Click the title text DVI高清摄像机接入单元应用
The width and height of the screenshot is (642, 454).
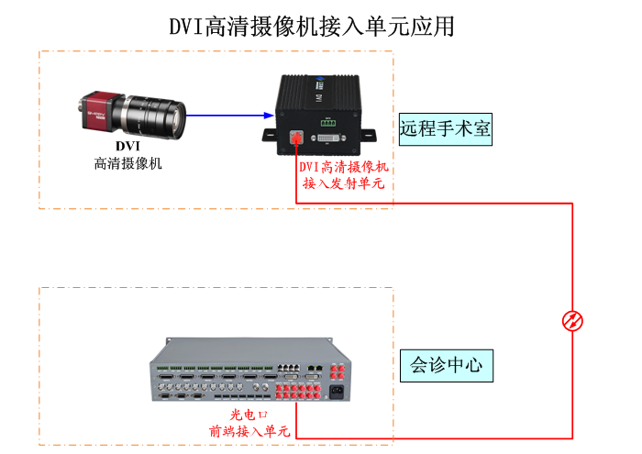point(311,26)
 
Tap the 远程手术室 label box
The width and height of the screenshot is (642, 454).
point(446,129)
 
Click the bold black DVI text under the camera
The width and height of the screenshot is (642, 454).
point(127,146)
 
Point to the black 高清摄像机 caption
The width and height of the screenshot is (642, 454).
point(127,163)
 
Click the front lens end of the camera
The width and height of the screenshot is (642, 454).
point(180,116)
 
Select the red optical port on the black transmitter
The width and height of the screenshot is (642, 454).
point(295,139)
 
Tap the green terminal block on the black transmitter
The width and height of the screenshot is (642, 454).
point(327,121)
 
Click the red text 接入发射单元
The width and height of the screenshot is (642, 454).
point(344,183)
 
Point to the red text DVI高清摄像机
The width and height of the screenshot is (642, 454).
point(344,167)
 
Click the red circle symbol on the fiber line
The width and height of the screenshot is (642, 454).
point(572,321)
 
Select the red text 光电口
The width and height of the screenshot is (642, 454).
point(249,415)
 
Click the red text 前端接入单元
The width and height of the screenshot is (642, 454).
point(249,430)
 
